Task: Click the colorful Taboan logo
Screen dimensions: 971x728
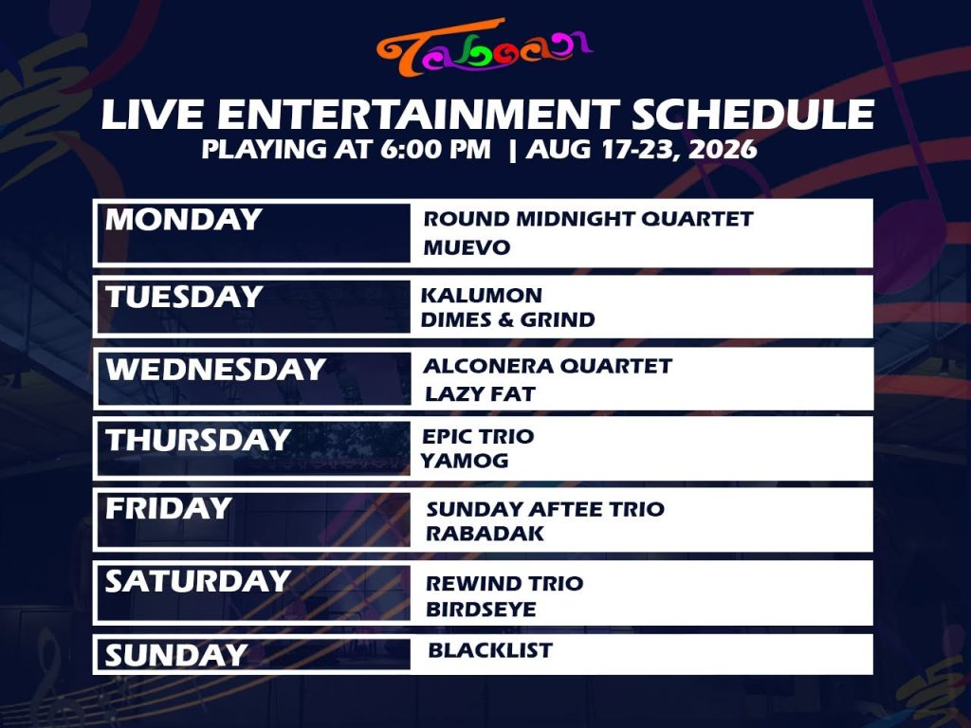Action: click(x=485, y=48)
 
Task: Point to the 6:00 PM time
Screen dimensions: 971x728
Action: click(x=435, y=149)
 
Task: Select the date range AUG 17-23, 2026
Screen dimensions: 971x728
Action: click(x=642, y=149)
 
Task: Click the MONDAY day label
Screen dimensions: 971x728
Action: click(x=183, y=220)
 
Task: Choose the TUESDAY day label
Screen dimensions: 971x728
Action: click(x=184, y=297)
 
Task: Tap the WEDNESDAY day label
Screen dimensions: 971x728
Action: click(x=215, y=370)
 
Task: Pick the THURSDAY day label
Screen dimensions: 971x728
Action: click(x=198, y=440)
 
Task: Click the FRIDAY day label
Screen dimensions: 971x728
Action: click(x=169, y=509)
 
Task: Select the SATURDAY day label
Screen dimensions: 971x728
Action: click(x=198, y=581)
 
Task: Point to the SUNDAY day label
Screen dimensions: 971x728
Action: click(x=175, y=656)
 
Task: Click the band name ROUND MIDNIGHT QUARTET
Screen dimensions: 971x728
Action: click(x=588, y=219)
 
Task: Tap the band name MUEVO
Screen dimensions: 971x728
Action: click(x=467, y=247)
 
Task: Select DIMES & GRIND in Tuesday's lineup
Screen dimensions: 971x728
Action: click(x=508, y=319)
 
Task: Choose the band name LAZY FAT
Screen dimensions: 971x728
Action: click(x=480, y=393)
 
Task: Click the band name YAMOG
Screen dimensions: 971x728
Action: click(x=465, y=461)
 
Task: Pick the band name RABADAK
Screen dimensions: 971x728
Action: click(x=485, y=533)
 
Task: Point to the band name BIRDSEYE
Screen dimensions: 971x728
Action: click(x=481, y=610)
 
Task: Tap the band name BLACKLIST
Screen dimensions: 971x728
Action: click(x=490, y=650)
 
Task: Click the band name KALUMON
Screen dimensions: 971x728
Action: click(x=482, y=296)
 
